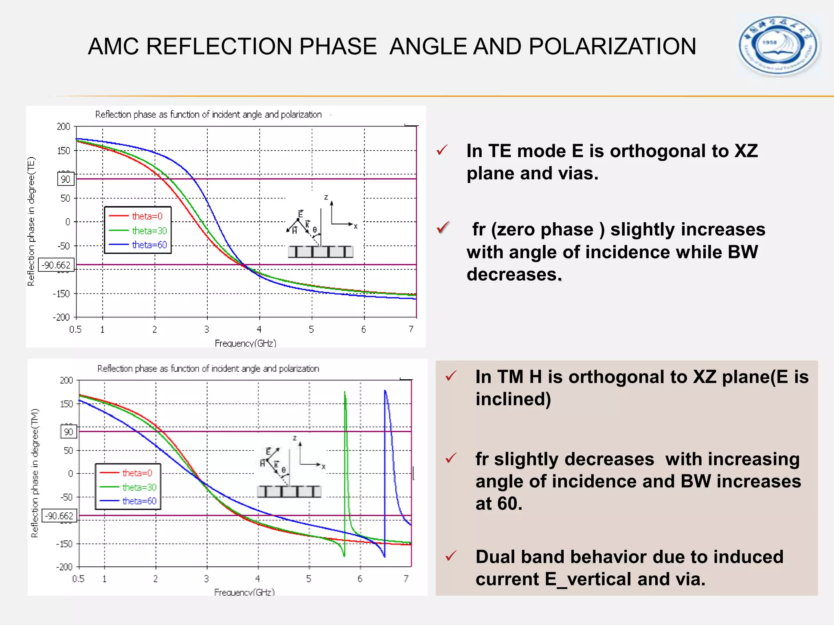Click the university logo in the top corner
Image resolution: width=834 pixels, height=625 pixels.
click(x=779, y=46)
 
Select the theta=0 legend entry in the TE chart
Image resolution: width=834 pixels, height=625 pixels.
click(x=147, y=216)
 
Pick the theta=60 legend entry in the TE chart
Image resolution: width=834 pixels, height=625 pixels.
click(x=149, y=245)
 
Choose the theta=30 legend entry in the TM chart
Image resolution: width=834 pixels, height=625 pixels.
click(x=139, y=487)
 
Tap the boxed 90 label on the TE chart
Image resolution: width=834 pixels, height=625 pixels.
click(x=66, y=179)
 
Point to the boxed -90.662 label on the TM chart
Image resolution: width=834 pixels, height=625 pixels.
click(x=59, y=516)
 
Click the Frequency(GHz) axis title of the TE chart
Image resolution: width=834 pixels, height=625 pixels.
click(x=246, y=343)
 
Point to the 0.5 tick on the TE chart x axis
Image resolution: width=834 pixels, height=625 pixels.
click(x=75, y=329)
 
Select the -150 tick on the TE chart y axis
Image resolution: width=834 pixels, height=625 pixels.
click(x=61, y=294)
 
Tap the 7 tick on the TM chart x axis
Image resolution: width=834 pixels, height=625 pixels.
click(x=406, y=579)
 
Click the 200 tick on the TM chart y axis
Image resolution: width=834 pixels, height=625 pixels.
click(x=66, y=380)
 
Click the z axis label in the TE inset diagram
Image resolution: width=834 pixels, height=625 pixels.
click(x=326, y=197)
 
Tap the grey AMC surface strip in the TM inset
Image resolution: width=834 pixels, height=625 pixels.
click(x=289, y=492)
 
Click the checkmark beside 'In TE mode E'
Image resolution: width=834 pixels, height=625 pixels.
click(x=442, y=150)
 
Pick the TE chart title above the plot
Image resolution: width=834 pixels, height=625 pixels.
click(x=208, y=115)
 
